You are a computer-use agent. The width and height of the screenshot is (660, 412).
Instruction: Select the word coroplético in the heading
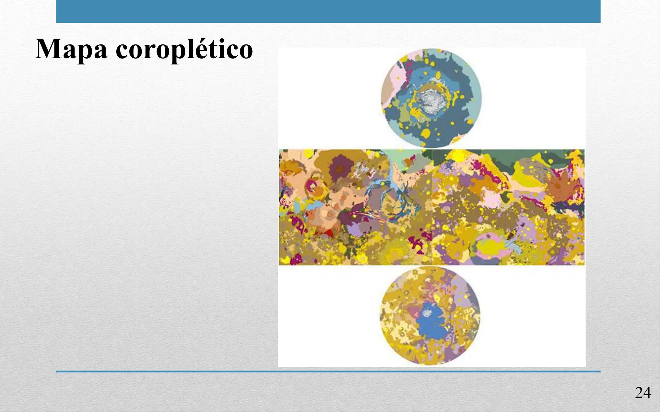(184, 49)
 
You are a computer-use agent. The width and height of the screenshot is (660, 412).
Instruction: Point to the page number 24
(643, 393)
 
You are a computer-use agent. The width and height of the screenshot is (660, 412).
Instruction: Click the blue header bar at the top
(328, 11)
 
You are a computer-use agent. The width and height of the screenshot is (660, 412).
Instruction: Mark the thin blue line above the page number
(328, 371)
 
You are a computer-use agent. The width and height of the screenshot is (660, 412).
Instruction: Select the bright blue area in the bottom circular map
(432, 325)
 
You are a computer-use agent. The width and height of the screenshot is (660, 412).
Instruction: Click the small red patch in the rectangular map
(328, 233)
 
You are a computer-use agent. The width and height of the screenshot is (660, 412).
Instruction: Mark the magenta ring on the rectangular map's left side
(312, 186)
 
